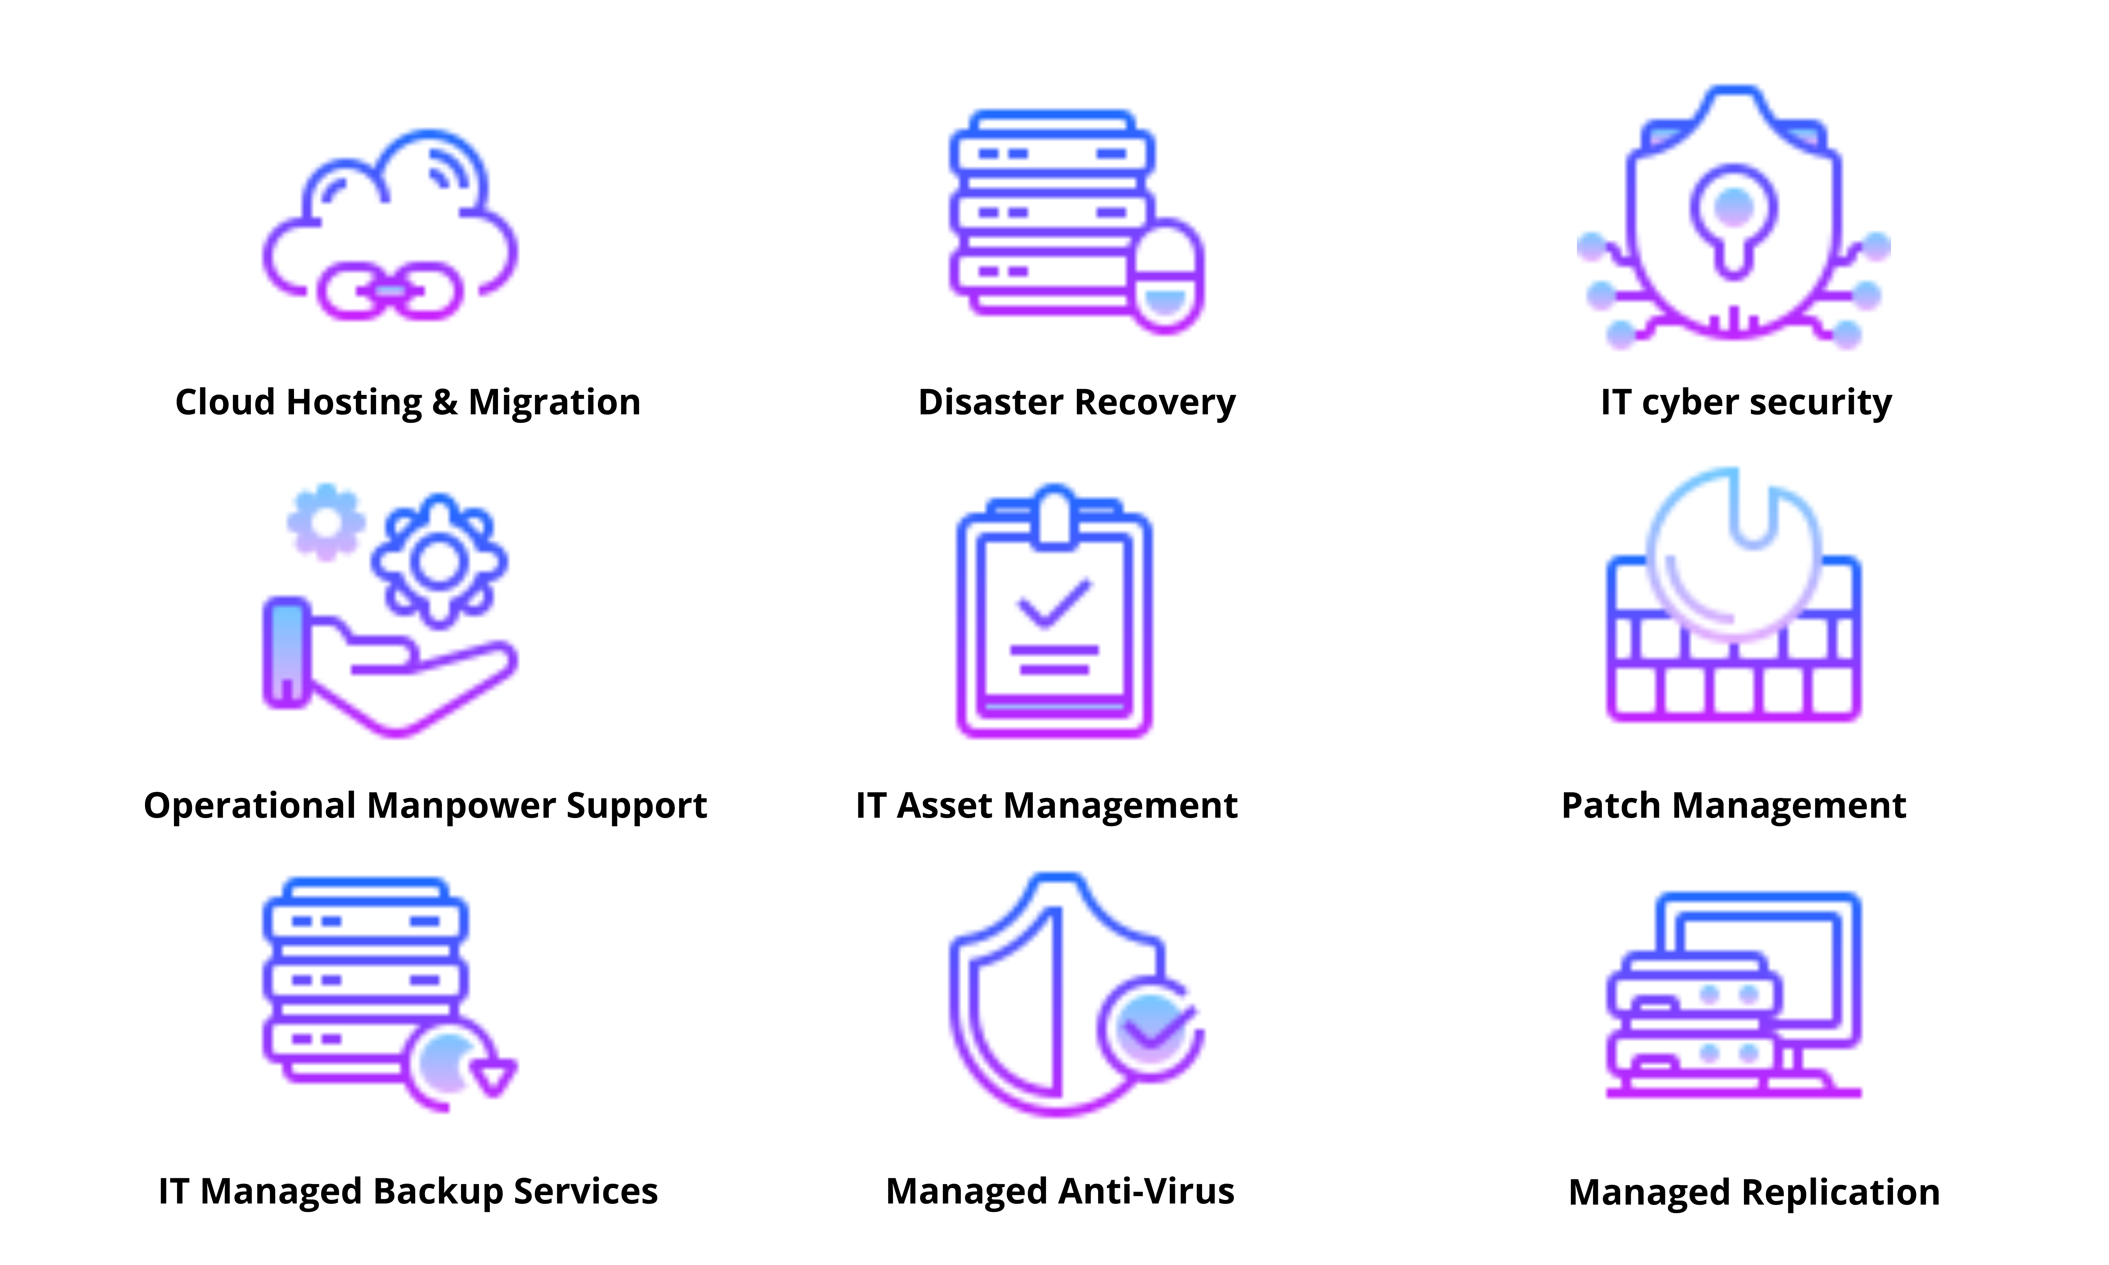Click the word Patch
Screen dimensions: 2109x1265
click(1611, 806)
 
